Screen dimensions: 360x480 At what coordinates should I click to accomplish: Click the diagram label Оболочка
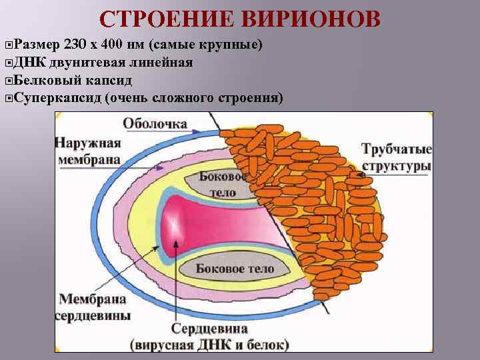point(155,124)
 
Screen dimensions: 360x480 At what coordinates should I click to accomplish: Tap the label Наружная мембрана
point(88,151)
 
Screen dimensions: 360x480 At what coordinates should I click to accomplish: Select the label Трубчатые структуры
point(396,157)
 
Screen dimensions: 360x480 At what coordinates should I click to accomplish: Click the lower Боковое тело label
point(235,269)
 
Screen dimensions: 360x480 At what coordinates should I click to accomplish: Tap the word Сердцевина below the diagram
point(209,329)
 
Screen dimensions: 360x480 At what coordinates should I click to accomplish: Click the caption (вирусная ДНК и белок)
point(210,345)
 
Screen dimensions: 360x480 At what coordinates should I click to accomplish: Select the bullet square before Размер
point(7,45)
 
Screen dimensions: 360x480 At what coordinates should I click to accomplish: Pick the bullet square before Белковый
point(7,81)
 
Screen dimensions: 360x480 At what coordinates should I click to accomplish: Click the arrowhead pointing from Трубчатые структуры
point(361,177)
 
